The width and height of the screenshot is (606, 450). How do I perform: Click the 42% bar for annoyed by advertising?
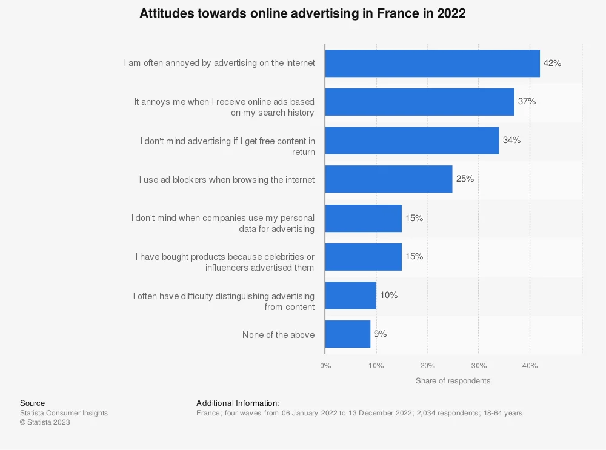pyautogui.click(x=433, y=64)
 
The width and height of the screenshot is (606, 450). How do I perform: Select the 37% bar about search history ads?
pyautogui.click(x=420, y=102)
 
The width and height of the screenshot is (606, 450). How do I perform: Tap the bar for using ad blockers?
pyautogui.click(x=389, y=179)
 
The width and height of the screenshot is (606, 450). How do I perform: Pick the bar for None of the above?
pyautogui.click(x=348, y=334)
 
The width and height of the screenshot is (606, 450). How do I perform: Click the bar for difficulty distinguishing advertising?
pyautogui.click(x=350, y=296)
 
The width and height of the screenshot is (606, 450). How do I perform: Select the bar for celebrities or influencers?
pyautogui.click(x=363, y=257)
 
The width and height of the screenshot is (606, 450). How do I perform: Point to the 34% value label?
pyautogui.click(x=511, y=140)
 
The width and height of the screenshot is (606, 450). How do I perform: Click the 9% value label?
pyautogui.click(x=381, y=334)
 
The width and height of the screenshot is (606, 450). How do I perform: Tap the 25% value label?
pyautogui.click(x=465, y=179)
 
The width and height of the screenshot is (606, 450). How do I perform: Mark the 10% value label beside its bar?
pyautogui.click(x=389, y=295)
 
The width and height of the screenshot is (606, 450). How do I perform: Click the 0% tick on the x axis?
pyautogui.click(x=325, y=365)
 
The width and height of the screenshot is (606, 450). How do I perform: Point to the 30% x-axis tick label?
pyautogui.click(x=479, y=365)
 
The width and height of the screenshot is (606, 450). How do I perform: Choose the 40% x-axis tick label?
pyautogui.click(x=530, y=365)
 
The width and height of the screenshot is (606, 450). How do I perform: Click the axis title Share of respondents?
pyautogui.click(x=453, y=381)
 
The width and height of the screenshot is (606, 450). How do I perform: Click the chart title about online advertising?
pyautogui.click(x=302, y=13)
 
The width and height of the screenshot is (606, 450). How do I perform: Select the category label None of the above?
pyautogui.click(x=278, y=335)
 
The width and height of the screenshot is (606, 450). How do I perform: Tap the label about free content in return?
pyautogui.click(x=228, y=147)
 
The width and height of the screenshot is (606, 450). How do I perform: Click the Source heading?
pyautogui.click(x=33, y=403)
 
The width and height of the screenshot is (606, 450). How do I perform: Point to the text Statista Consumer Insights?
pyautogui.click(x=64, y=413)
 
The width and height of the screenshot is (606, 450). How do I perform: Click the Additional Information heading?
pyautogui.click(x=238, y=403)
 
